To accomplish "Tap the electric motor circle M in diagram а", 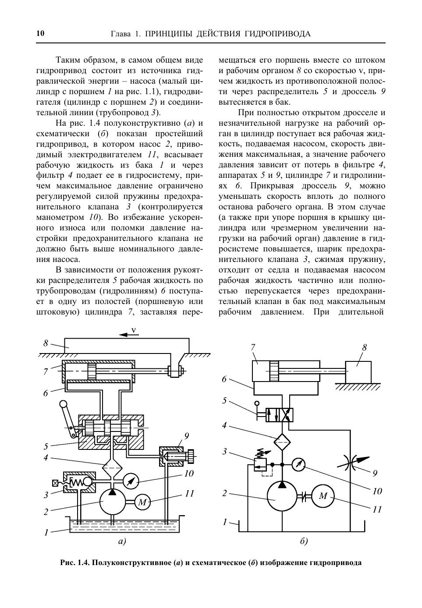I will [142, 502].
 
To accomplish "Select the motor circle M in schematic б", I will [323, 496].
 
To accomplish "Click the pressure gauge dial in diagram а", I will [131, 481].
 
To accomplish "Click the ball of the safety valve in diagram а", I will [87, 483].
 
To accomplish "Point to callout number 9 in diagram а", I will [187, 436].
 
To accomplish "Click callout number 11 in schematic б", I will [377, 509].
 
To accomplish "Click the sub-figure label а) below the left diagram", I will [122, 541].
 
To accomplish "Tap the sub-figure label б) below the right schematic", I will [304, 541].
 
